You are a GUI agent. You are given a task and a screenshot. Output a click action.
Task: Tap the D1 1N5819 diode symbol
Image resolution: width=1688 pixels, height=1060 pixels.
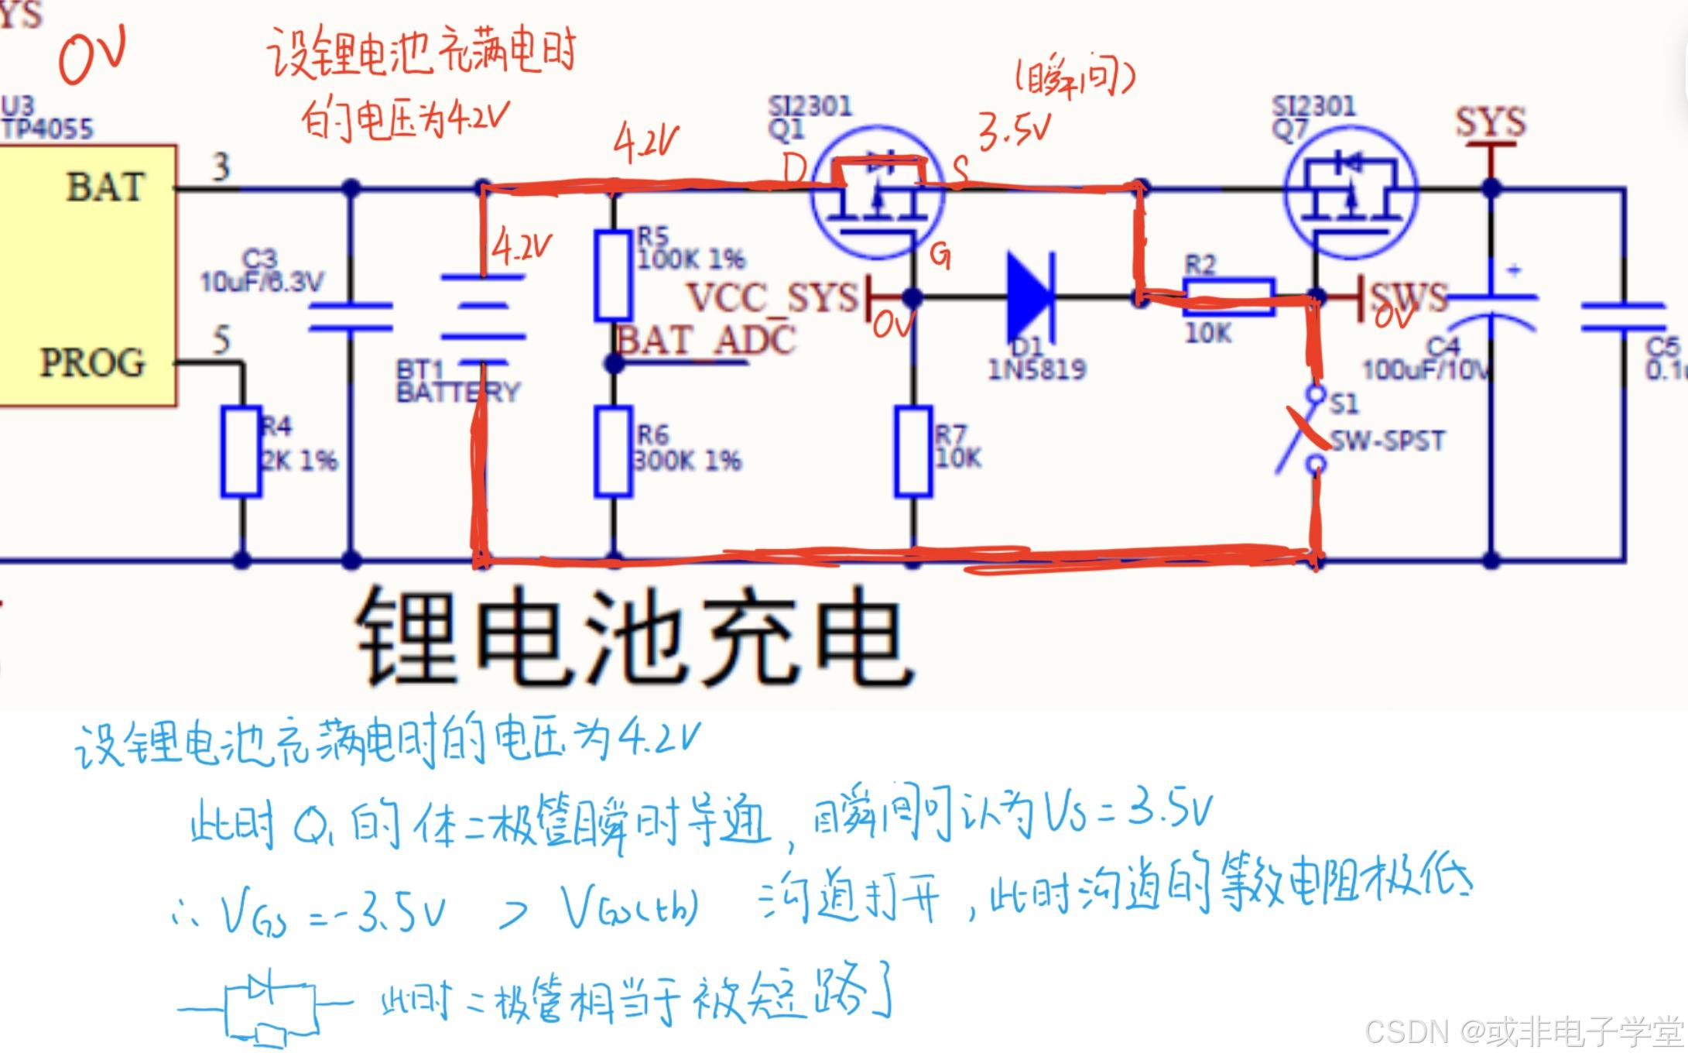1031,296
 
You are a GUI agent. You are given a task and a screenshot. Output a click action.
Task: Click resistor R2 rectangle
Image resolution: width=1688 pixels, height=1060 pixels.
1228,297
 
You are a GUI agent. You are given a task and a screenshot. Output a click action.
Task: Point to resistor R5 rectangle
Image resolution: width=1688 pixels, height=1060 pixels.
613,275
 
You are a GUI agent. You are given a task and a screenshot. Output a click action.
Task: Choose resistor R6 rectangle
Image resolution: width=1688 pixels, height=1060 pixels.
613,452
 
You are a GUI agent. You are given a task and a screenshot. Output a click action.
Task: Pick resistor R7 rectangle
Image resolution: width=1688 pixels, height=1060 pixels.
913,452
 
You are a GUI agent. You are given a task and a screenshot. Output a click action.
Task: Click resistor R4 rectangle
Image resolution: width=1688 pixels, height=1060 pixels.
241,452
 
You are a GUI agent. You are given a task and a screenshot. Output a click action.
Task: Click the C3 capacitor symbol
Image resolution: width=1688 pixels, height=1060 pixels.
351,317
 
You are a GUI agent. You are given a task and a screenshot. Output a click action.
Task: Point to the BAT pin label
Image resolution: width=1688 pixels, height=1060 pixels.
105,187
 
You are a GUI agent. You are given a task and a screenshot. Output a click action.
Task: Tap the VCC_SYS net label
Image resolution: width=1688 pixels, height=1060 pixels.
772,297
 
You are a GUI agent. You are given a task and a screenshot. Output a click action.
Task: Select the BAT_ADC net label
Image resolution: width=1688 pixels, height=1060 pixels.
706,340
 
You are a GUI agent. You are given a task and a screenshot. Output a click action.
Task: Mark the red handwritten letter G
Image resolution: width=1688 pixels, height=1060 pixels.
940,255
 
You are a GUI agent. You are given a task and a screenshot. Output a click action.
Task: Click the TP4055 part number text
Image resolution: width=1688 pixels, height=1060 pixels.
48,128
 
